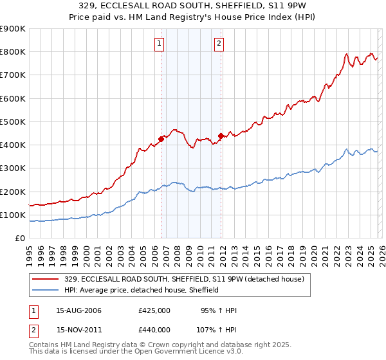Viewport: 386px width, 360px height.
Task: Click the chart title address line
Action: click(x=192, y=6)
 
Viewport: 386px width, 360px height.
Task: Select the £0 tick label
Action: click(x=19, y=239)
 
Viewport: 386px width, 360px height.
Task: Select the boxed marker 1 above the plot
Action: click(x=159, y=44)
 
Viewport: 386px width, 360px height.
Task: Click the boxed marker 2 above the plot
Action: click(x=219, y=44)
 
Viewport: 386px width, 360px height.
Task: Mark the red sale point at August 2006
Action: click(x=161, y=139)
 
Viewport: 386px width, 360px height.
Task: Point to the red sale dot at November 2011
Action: click(x=221, y=136)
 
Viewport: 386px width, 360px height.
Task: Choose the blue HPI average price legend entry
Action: click(x=142, y=290)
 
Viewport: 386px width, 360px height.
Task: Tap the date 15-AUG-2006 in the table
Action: click(x=78, y=310)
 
